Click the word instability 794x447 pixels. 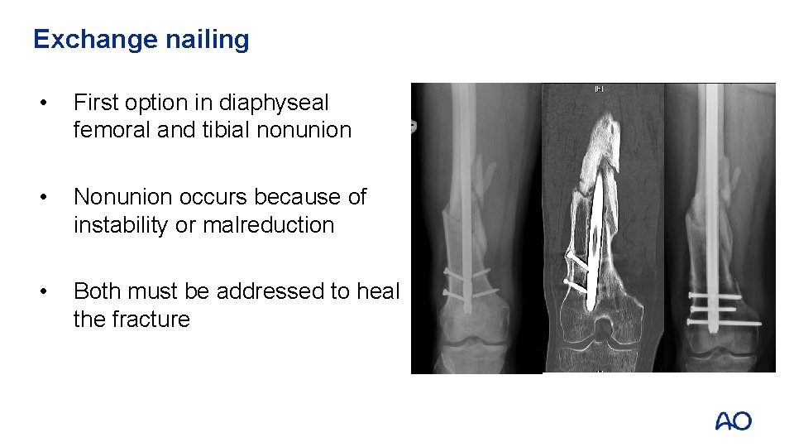123,224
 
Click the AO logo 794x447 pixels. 733,421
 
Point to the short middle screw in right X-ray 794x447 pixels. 714,308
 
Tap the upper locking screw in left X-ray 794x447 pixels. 467,273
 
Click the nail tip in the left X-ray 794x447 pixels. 468,310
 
